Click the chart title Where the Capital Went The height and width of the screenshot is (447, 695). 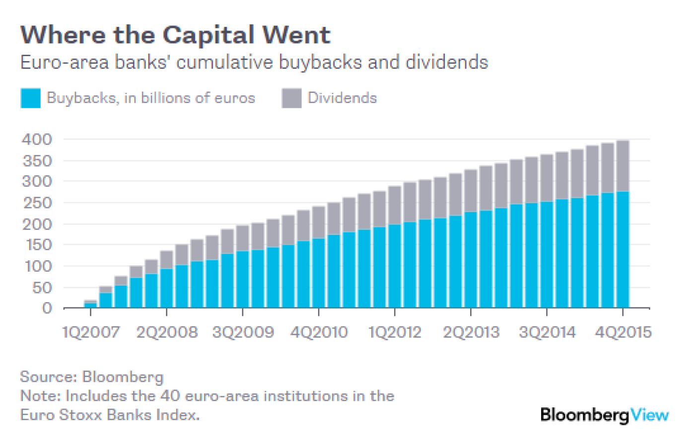(x=175, y=35)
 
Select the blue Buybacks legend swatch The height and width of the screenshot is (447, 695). (x=30, y=98)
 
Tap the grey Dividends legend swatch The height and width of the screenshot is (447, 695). (x=291, y=98)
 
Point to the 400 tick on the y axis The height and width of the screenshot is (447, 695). (x=37, y=140)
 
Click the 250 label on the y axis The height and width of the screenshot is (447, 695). (x=37, y=203)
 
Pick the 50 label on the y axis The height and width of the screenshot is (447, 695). (x=42, y=288)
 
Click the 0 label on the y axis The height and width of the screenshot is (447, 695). (x=47, y=308)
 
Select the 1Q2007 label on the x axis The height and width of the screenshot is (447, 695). (x=90, y=332)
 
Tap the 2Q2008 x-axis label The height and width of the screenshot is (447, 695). (x=167, y=332)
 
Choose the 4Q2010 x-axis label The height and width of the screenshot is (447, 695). (x=319, y=332)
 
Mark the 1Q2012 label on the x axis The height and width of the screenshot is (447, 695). (x=395, y=332)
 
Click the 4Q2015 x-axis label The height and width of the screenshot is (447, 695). (x=623, y=332)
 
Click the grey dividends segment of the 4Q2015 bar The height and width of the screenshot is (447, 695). (x=623, y=166)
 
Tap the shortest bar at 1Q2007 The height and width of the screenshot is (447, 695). (x=90, y=304)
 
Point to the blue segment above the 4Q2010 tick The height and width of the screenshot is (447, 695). (x=319, y=273)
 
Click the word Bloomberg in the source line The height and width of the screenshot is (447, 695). (x=123, y=377)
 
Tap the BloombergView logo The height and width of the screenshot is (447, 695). (x=604, y=415)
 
